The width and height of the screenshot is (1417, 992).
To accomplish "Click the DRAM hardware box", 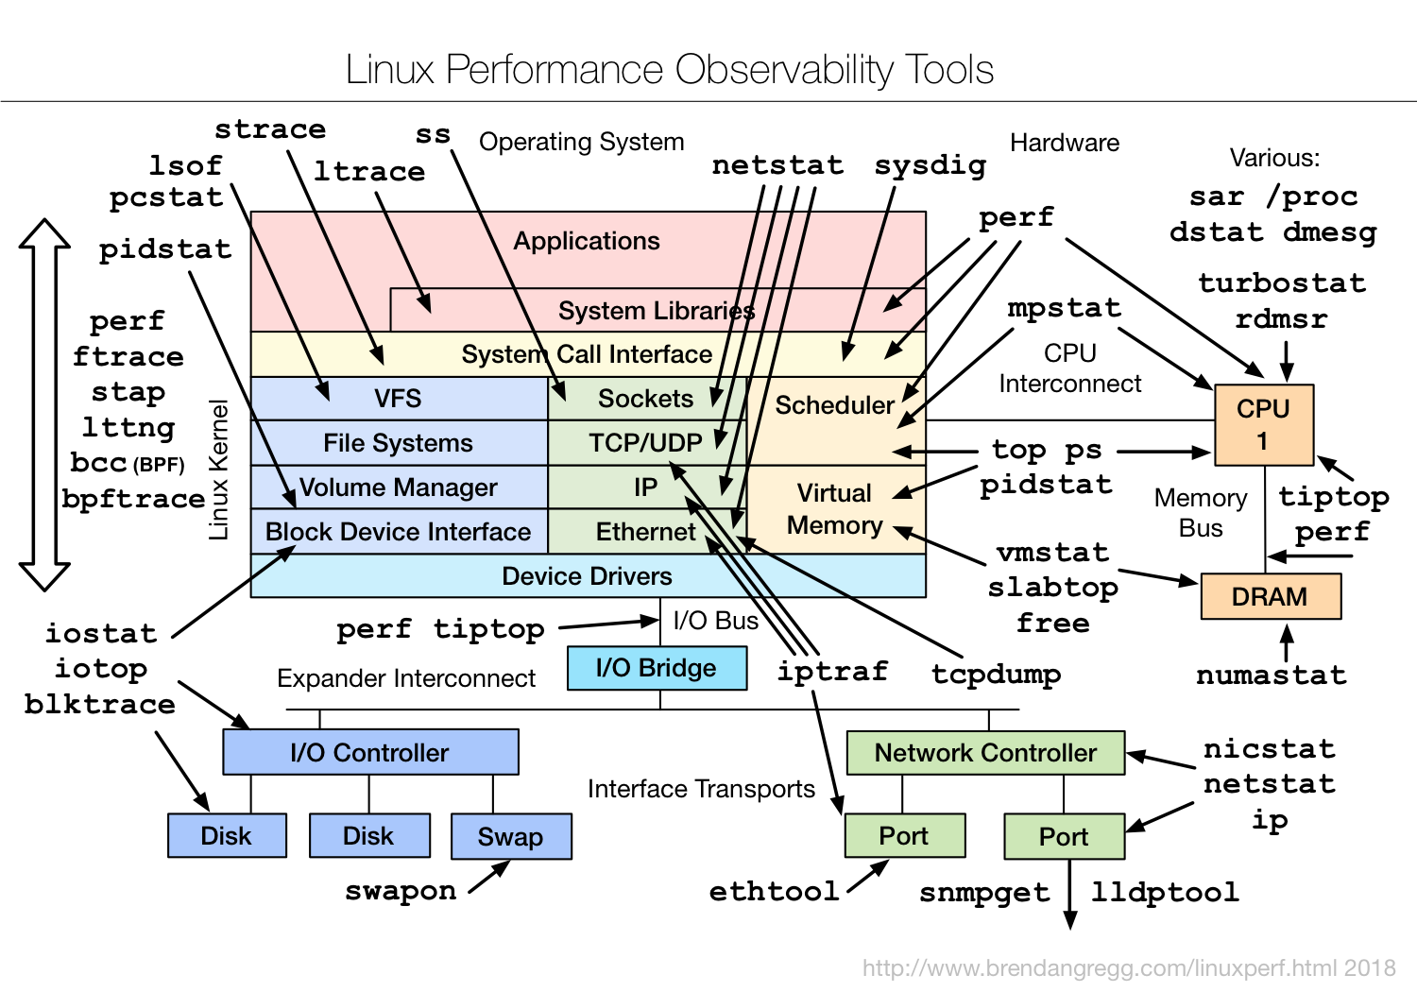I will tap(1270, 597).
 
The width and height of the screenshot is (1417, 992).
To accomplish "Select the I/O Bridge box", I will tap(657, 668).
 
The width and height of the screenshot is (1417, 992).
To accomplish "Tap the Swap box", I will tap(510, 836).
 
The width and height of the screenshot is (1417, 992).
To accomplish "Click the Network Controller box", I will tap(985, 753).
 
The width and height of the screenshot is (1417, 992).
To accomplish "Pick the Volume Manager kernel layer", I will tap(398, 487).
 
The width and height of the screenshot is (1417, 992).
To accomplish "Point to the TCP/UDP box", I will tap(645, 443).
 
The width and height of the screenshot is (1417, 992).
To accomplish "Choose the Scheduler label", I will tap(834, 405).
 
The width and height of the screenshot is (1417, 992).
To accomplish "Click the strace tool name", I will tap(270, 129).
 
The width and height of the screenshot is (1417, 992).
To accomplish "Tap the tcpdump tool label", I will tap(996, 675).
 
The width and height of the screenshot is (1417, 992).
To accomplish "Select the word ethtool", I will tap(774, 891).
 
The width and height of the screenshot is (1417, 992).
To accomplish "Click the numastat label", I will tap(1271, 676).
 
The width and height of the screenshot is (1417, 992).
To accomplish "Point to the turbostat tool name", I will tap(1282, 283).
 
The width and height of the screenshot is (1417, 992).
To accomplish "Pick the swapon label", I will tap(401, 891).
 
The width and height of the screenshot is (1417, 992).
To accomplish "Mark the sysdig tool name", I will tap(930, 165).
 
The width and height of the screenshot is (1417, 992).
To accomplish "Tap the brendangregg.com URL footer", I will tap(1128, 968).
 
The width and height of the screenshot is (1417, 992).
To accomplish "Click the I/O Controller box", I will tap(369, 753).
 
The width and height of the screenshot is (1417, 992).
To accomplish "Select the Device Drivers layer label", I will tap(587, 576).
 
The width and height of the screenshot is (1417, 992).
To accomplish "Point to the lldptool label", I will tap(1165, 892).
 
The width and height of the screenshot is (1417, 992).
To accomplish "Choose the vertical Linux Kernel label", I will tap(219, 470).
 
